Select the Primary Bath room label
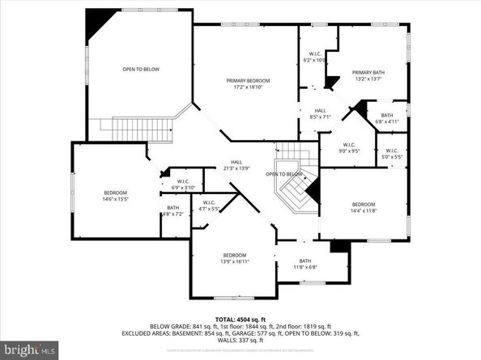point(368,76)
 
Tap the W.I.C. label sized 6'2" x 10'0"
point(313,58)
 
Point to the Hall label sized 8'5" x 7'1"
point(320,114)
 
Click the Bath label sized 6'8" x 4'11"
point(387,118)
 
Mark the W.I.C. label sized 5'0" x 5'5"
point(390,153)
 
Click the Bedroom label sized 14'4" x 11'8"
point(363,206)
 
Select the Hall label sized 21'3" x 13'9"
point(236,164)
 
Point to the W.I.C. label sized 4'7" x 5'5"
point(208,205)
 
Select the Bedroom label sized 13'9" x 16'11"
point(234,259)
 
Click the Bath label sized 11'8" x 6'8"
point(305,263)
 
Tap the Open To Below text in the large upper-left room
point(141,70)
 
